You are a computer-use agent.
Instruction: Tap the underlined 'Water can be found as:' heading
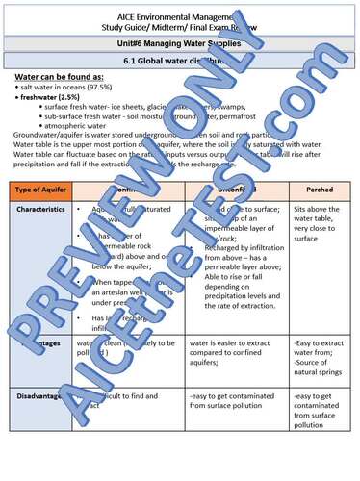pyautogui.click(x=61, y=76)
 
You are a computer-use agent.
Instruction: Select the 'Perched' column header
pyautogui.click(x=317, y=190)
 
